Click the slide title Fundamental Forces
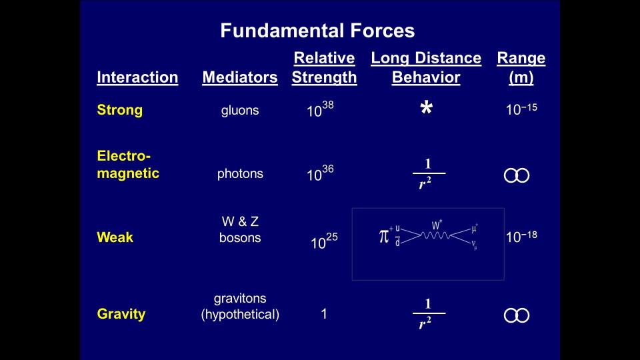[317, 31]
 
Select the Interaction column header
[137, 77]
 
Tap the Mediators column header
[240, 77]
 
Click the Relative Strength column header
[325, 67]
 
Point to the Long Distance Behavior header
[426, 67]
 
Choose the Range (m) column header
[521, 67]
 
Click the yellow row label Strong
[119, 110]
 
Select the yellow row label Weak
[115, 237]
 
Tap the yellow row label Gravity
[121, 314]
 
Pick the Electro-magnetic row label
[128, 165]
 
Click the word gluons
[240, 111]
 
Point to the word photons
[240, 174]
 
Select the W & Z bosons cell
[240, 229]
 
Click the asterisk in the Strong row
[427, 108]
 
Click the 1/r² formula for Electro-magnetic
[428, 173]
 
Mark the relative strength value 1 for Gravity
[324, 314]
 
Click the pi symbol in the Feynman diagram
[384, 236]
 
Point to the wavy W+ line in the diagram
[435, 235]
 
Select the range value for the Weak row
[521, 237]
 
